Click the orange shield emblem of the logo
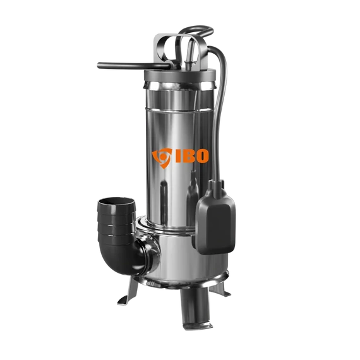click(162, 157)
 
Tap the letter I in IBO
click(178, 156)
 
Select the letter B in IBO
click(188, 156)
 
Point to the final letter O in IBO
click(202, 156)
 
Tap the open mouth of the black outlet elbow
click(116, 202)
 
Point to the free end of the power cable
click(99, 66)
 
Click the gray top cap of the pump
click(180, 75)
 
